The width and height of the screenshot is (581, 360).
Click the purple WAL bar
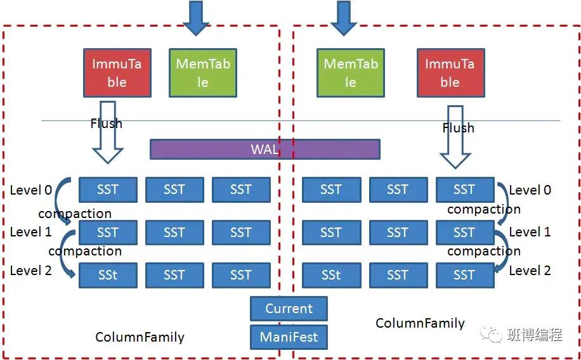264,150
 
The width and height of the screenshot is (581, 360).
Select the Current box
289,309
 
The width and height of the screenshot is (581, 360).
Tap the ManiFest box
289,337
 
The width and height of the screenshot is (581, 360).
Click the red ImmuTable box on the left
117,73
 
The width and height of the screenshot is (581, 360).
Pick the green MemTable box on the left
202,73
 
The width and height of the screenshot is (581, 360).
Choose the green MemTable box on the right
350,73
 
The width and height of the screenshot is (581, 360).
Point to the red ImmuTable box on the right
450,73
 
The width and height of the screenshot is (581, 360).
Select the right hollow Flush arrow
455,143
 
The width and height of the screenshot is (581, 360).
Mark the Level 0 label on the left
30,190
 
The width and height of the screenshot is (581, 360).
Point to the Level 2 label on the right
530,271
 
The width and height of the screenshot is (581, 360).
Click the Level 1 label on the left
30,232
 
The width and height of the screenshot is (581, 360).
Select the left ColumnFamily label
140,337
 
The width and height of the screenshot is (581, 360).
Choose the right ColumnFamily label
420,323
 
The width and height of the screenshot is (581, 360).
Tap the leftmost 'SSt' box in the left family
107,275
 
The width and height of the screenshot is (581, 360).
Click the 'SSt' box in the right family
330,275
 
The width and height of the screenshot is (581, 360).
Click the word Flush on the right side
458,128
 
